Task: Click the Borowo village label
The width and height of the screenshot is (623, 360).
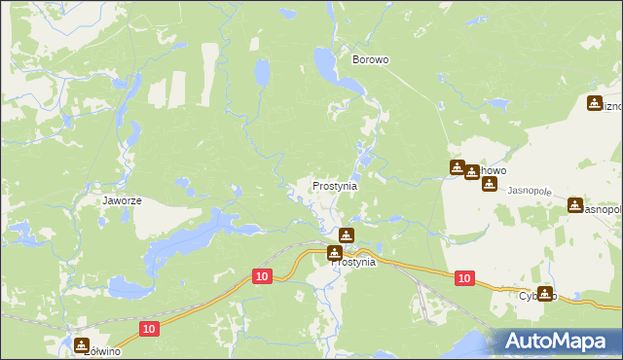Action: (370, 59)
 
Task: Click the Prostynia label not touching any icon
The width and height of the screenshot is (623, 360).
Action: (335, 185)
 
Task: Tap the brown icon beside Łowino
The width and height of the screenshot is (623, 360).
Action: (81, 344)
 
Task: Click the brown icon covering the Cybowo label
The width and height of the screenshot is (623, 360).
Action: (545, 293)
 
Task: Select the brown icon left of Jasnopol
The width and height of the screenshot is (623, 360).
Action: (575, 206)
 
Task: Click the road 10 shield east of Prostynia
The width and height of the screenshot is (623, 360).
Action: (464, 278)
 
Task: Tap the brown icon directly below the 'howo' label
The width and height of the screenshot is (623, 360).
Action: (489, 184)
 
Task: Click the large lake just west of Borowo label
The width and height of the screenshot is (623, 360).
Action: (324, 66)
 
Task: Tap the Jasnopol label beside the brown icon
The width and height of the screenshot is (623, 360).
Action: (601, 209)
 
